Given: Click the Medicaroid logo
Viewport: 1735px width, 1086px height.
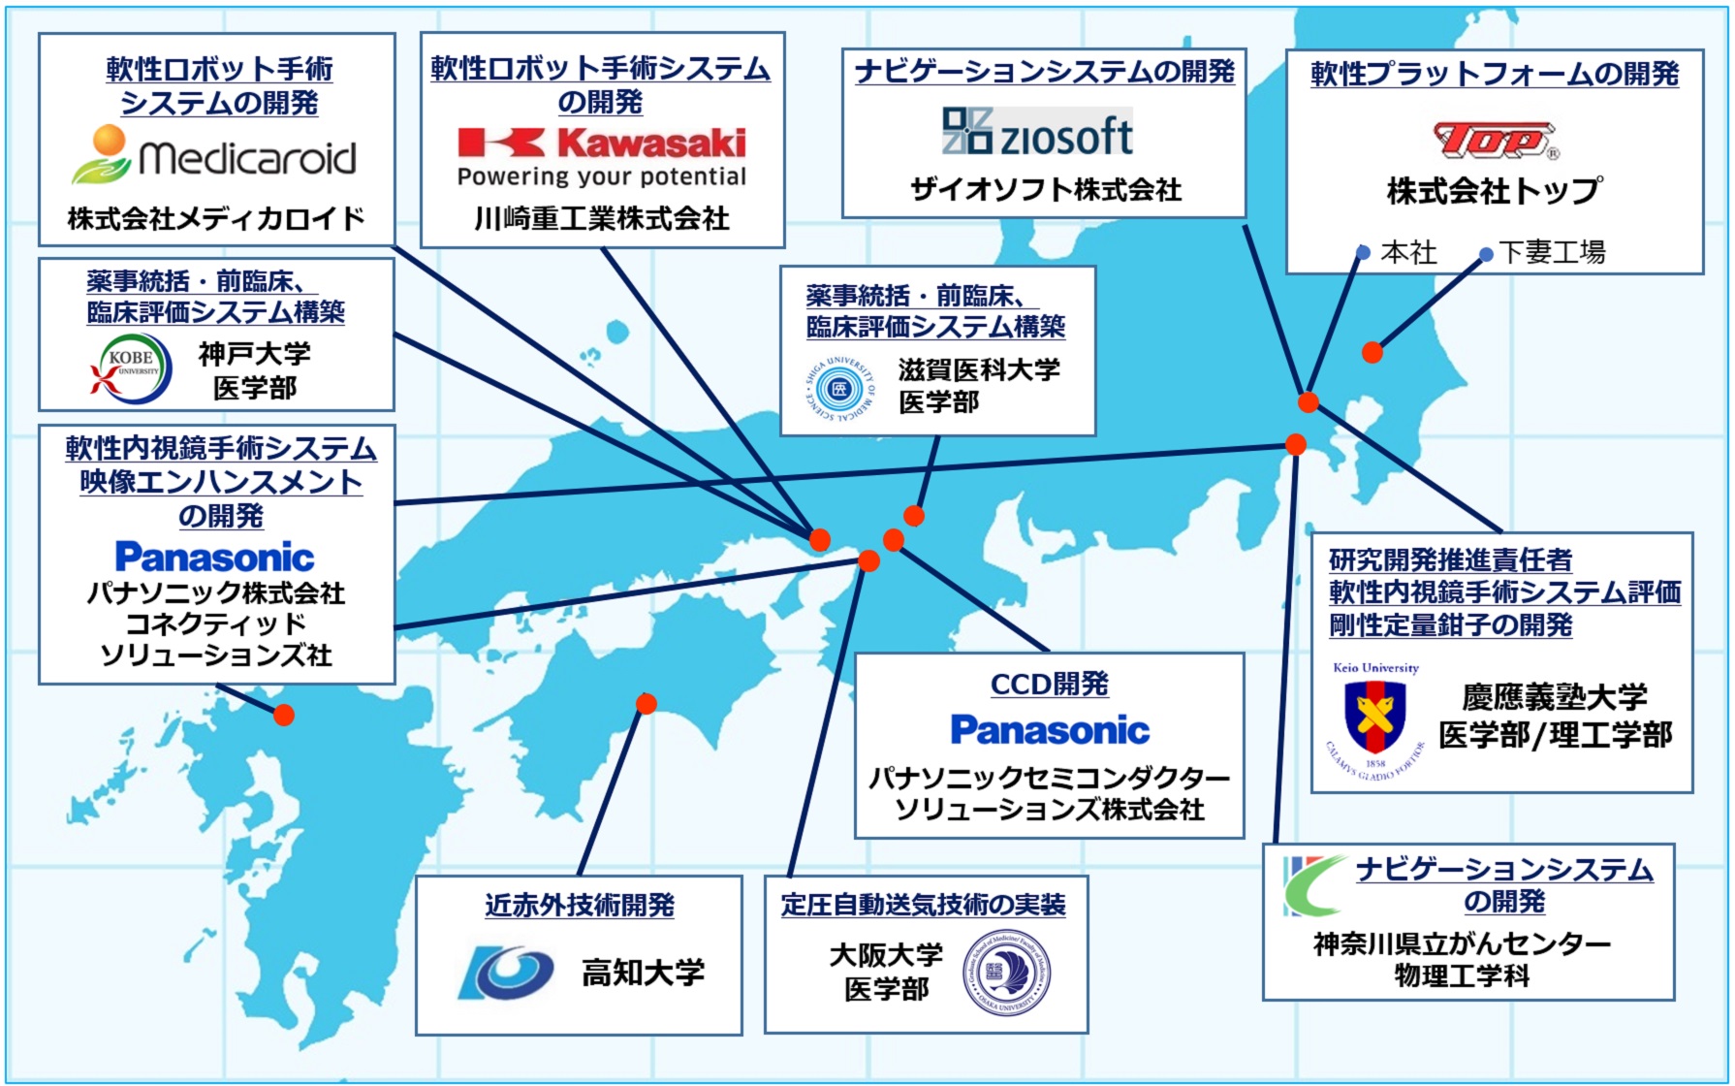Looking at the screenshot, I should pyautogui.click(x=214, y=156).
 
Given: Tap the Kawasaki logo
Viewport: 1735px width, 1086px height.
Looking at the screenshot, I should pyautogui.click(x=602, y=144).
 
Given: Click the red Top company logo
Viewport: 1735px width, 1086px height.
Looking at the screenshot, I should pyautogui.click(x=1495, y=142).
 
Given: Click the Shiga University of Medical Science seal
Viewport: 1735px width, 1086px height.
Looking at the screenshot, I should pyautogui.click(x=839, y=389).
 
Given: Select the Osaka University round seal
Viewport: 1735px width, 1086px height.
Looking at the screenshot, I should pyautogui.click(x=1007, y=973).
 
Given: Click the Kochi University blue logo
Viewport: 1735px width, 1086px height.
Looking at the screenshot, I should pyautogui.click(x=506, y=972).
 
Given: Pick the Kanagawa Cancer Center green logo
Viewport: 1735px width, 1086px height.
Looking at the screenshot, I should pyautogui.click(x=1313, y=884).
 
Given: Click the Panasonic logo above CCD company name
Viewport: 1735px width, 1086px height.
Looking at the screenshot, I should pyautogui.click(x=1050, y=730).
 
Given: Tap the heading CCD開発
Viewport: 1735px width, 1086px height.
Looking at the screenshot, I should pyautogui.click(x=1049, y=685).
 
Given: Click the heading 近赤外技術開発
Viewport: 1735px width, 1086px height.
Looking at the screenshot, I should pyautogui.click(x=580, y=906).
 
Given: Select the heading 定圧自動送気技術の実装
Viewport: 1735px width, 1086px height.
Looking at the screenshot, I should pyautogui.click(x=923, y=906).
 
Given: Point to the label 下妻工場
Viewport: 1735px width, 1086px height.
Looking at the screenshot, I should pyautogui.click(x=1552, y=253).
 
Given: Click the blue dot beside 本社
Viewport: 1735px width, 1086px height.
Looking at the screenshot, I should pyautogui.click(x=1363, y=253).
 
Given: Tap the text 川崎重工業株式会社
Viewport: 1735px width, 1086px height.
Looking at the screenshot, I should pyautogui.click(x=602, y=219).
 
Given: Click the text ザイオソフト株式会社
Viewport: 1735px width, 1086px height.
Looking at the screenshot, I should pyautogui.click(x=1046, y=190).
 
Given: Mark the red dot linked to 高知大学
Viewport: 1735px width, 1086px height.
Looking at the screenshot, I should pyautogui.click(x=647, y=704).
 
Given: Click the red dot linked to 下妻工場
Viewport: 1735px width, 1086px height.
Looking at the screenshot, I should pyautogui.click(x=1372, y=352).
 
